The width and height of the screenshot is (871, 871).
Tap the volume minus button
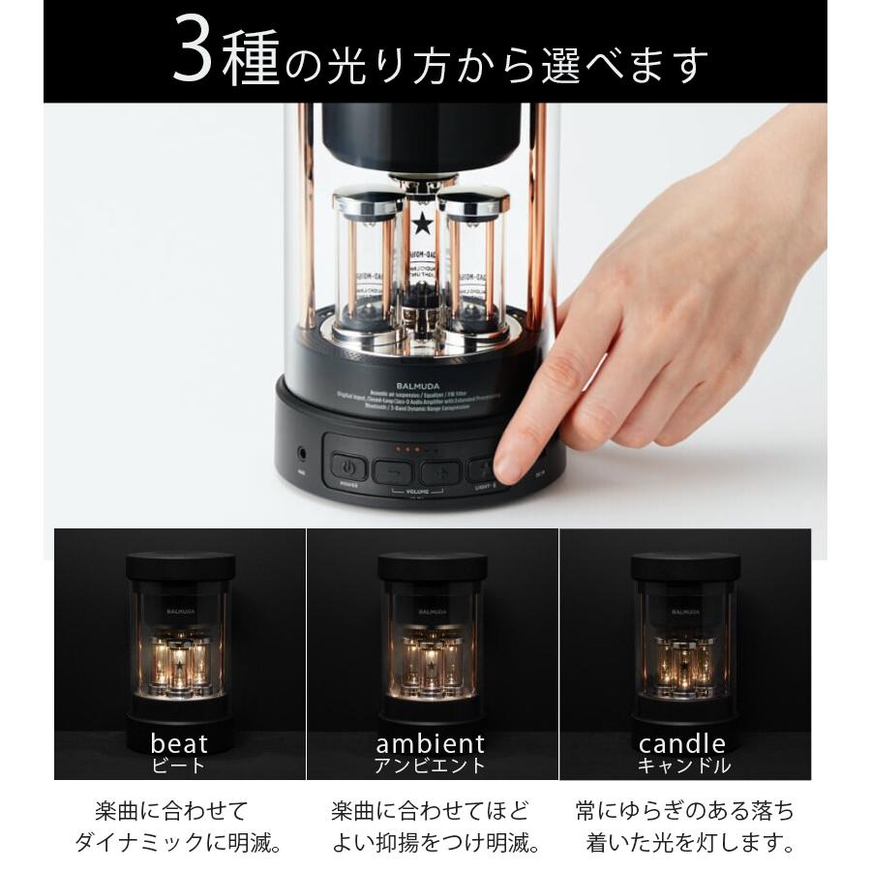coord(393,472)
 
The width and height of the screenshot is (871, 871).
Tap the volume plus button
coord(440,472)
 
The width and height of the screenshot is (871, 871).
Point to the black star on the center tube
coord(422,224)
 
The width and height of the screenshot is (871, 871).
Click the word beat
coord(179,743)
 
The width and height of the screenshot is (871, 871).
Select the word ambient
coord(430,743)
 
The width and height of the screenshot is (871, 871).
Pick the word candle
coord(682,743)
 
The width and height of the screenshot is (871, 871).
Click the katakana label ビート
coord(179,766)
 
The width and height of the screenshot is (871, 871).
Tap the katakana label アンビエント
coord(430,766)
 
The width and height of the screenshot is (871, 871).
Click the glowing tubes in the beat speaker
coord(179,664)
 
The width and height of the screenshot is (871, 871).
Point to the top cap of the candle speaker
coord(685,567)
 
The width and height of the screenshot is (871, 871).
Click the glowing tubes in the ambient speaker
coord(432,662)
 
